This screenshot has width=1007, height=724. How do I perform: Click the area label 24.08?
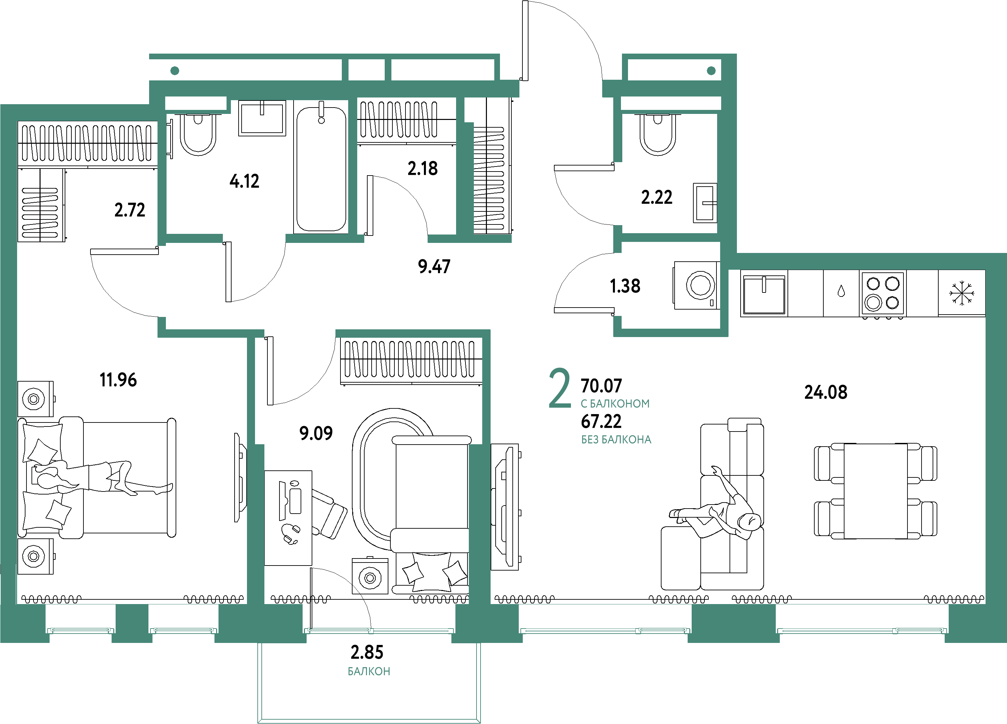tap(826, 392)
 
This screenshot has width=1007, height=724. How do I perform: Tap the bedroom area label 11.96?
tap(118, 380)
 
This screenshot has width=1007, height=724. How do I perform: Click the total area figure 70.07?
tap(601, 386)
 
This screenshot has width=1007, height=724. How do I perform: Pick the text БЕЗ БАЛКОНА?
tap(616, 440)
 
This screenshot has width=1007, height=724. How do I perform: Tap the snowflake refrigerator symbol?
tap(962, 293)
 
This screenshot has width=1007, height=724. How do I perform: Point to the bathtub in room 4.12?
tap(321, 168)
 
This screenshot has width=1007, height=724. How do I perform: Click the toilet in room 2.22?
tap(657, 134)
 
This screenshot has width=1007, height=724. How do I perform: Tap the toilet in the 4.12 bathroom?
tap(198, 134)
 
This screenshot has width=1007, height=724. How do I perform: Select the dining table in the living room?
tap(875, 490)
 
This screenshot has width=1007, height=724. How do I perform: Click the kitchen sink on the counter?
tap(764, 293)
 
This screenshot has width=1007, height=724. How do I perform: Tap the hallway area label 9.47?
tap(434, 267)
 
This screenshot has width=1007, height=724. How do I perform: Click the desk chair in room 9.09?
tap(329, 513)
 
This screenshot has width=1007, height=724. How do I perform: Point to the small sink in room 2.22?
tap(705, 203)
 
